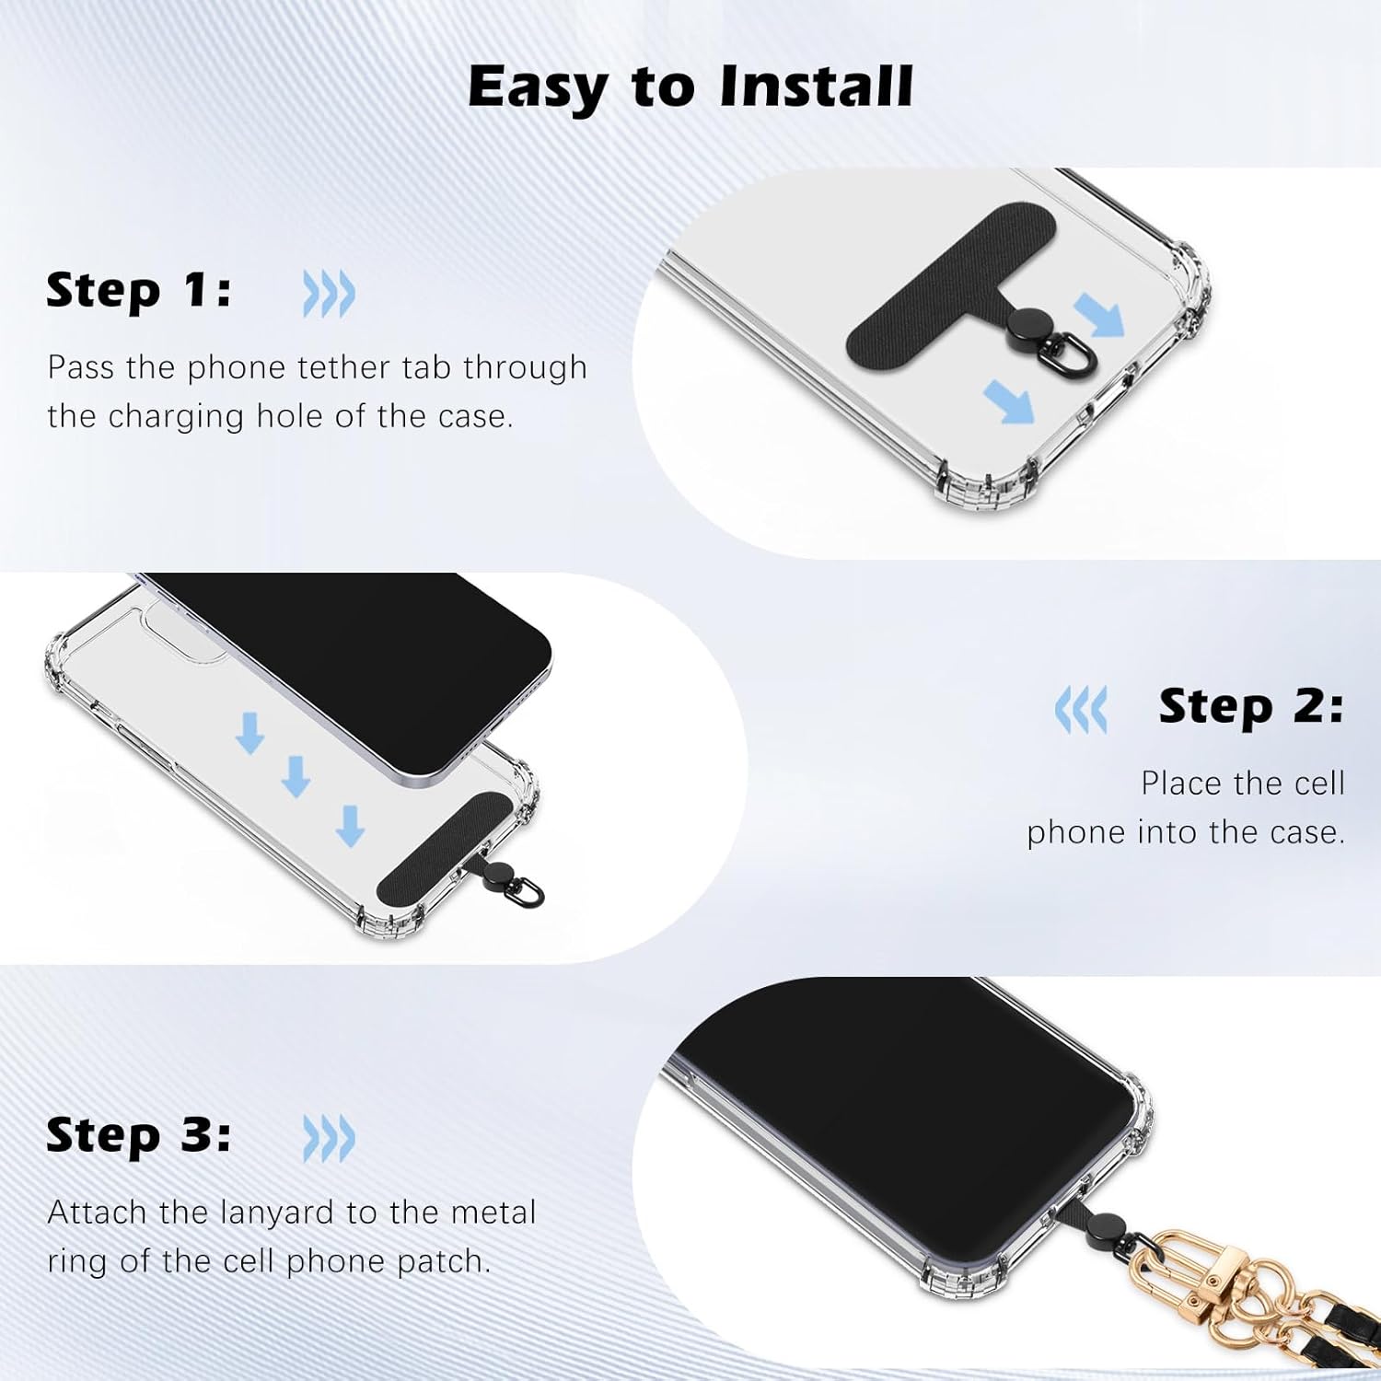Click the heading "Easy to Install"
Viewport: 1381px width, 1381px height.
(x=690, y=87)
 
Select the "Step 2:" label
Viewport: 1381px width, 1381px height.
(x=1250, y=706)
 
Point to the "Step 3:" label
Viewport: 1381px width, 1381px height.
(x=138, y=1134)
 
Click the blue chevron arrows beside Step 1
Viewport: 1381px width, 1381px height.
(x=329, y=295)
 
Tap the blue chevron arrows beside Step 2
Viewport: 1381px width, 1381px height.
(x=1081, y=710)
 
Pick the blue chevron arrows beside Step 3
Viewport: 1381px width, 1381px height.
(x=329, y=1139)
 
